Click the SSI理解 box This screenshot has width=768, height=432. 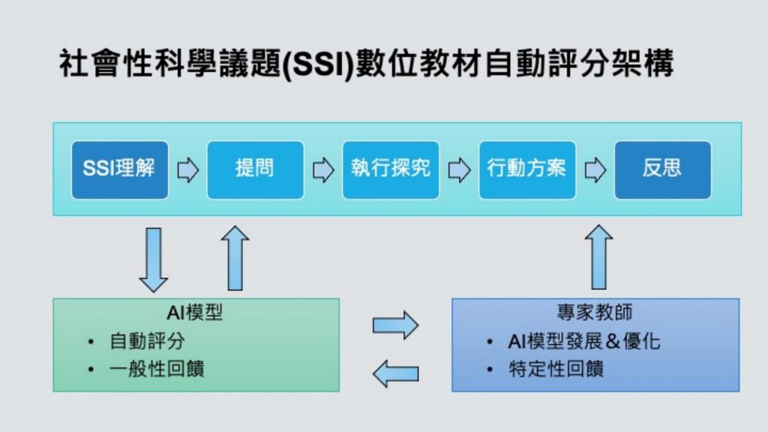[x=120, y=170]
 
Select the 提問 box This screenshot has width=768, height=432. [x=255, y=170]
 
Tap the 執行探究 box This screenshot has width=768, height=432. [x=391, y=170]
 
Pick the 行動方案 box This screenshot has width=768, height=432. [x=527, y=170]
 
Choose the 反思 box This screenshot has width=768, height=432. [x=663, y=170]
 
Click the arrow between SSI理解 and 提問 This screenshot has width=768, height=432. [x=188, y=170]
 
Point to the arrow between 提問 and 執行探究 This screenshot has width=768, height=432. [x=323, y=170]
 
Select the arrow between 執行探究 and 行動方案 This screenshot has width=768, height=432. [x=460, y=170]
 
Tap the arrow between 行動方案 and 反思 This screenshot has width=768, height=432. [x=595, y=170]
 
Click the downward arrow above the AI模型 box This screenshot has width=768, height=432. [x=153, y=259]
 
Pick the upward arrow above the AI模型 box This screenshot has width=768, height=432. [x=235, y=258]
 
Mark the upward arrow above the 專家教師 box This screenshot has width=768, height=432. [x=599, y=257]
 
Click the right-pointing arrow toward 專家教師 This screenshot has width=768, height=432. [x=395, y=325]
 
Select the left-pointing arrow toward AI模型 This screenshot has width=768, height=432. [x=395, y=373]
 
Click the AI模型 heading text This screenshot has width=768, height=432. [x=195, y=313]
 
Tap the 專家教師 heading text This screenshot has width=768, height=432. [x=595, y=312]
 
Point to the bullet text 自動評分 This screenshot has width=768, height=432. [x=148, y=341]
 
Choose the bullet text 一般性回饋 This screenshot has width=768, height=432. [x=157, y=369]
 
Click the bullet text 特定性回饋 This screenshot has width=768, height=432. [x=556, y=369]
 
